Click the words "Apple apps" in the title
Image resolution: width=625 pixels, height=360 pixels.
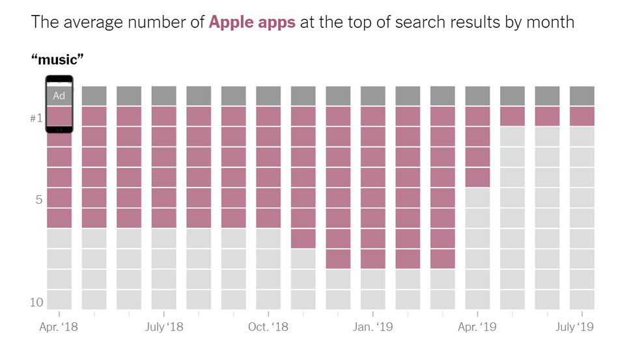[x=252, y=22]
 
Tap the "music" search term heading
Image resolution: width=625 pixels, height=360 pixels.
[x=58, y=61]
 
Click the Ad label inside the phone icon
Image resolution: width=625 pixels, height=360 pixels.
[x=59, y=96]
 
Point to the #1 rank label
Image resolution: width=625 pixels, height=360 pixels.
[x=36, y=118]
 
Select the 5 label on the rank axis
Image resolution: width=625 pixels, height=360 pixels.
[x=39, y=199]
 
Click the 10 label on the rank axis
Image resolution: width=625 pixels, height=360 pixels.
[x=36, y=302]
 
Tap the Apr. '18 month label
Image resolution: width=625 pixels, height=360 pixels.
[x=59, y=327]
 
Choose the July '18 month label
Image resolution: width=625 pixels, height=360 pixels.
[x=164, y=327]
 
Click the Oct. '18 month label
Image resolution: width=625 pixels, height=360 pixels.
[x=268, y=327]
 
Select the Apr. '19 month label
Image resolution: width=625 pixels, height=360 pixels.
[x=477, y=327]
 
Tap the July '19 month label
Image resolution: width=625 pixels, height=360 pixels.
[x=574, y=327]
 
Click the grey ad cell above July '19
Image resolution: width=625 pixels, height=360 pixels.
[x=582, y=96]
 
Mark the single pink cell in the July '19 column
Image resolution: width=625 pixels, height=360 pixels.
[x=582, y=116]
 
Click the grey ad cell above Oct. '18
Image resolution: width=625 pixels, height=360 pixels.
[x=268, y=96]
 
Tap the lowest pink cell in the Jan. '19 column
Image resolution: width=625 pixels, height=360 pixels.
[x=373, y=258]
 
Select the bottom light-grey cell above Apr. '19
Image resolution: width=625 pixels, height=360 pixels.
[x=477, y=299]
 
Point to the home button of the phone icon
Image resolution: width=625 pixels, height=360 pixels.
[x=59, y=129]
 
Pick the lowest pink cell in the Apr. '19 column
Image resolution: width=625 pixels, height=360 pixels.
[x=477, y=177]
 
